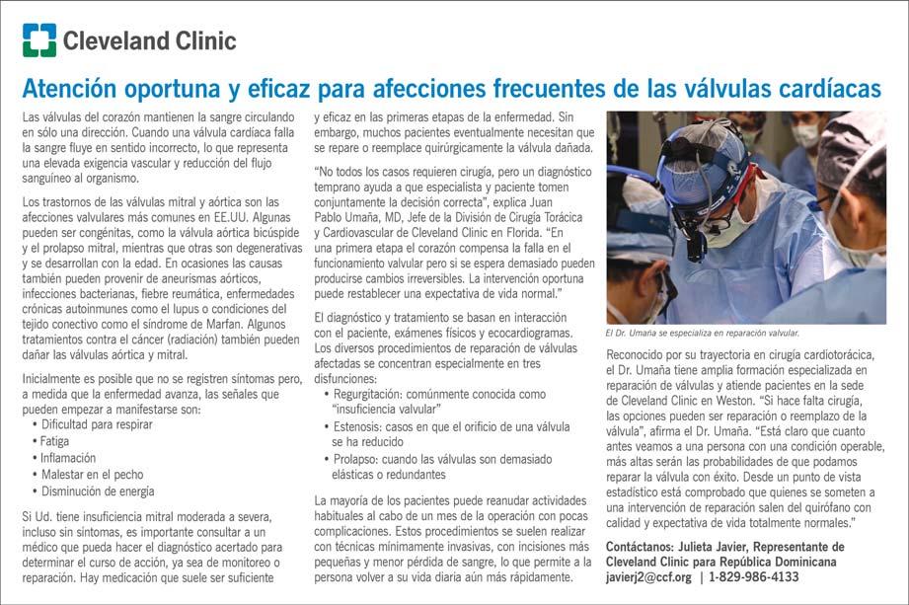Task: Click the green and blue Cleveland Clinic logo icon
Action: (39, 40)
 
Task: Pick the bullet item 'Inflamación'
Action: (69, 458)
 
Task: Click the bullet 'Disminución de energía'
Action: (98, 492)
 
